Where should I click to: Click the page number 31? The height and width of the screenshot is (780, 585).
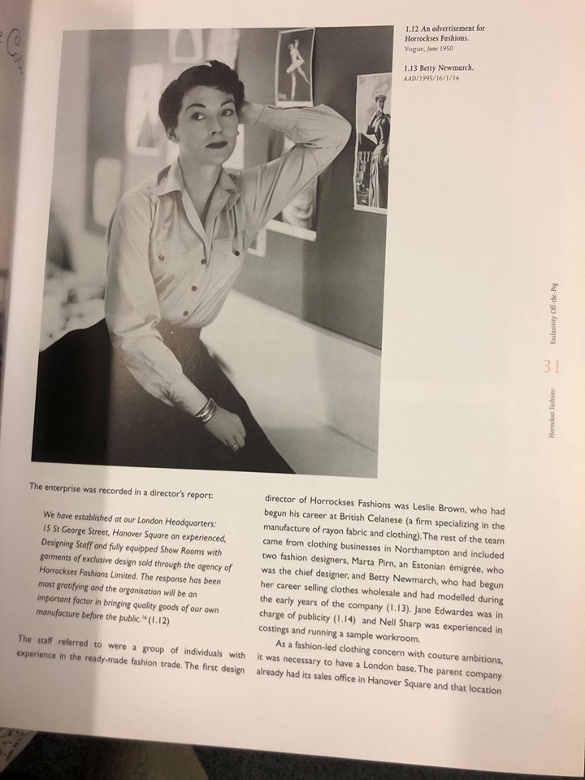coord(552,366)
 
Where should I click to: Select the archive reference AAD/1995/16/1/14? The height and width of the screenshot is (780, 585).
coord(436,79)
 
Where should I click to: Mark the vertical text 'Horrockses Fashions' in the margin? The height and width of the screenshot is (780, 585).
coord(552,414)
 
